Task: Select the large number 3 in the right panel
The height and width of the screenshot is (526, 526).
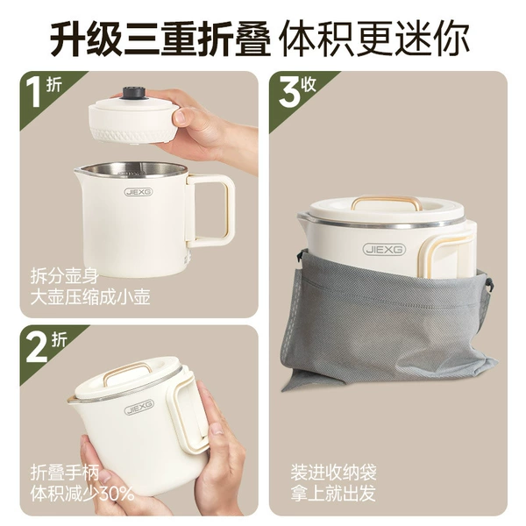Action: [x=288, y=93]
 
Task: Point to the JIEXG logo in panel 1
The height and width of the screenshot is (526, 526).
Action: [x=139, y=192]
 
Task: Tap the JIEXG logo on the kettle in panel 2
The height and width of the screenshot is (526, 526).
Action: [x=139, y=407]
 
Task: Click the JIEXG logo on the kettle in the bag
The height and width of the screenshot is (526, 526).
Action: [x=384, y=250]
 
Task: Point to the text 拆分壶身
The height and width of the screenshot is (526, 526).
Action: [x=64, y=276]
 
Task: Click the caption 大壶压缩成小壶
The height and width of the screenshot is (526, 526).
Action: [x=90, y=297]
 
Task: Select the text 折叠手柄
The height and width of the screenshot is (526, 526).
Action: [x=64, y=473]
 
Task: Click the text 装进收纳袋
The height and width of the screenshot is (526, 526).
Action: [x=333, y=473]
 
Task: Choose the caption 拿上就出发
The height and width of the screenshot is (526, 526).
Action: [x=333, y=493]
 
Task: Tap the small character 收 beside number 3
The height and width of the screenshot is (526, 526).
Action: [x=309, y=84]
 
